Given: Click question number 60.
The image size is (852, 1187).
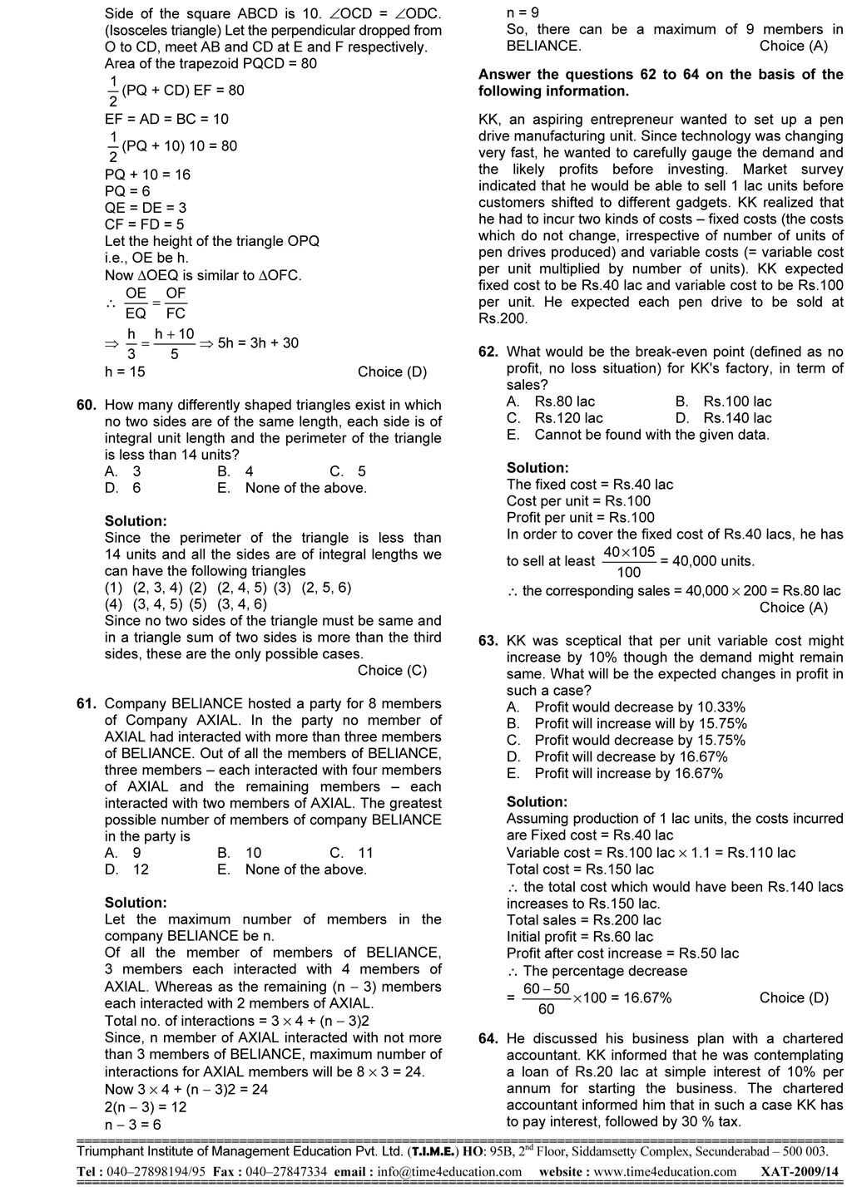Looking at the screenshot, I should (x=87, y=406).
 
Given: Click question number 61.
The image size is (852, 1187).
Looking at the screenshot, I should (x=87, y=704).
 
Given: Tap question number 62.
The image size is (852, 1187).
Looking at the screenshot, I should (x=488, y=352).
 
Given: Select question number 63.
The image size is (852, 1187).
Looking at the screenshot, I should (x=488, y=641).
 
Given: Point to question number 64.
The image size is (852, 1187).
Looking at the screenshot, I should (x=488, y=1039).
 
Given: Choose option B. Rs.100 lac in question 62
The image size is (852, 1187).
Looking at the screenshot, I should (x=724, y=401).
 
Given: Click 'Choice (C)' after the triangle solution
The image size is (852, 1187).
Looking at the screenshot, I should (x=392, y=671).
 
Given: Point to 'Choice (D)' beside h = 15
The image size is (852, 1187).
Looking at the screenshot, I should (x=392, y=372).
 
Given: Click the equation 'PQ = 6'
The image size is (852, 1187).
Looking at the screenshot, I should (x=127, y=191).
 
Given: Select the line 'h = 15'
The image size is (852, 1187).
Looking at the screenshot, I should (x=125, y=372).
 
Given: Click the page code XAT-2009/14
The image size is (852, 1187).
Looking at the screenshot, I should (x=795, y=1172).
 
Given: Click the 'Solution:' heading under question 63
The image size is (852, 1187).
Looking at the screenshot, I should (x=537, y=802).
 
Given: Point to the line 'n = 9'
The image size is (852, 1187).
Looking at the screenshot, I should (x=523, y=12).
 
